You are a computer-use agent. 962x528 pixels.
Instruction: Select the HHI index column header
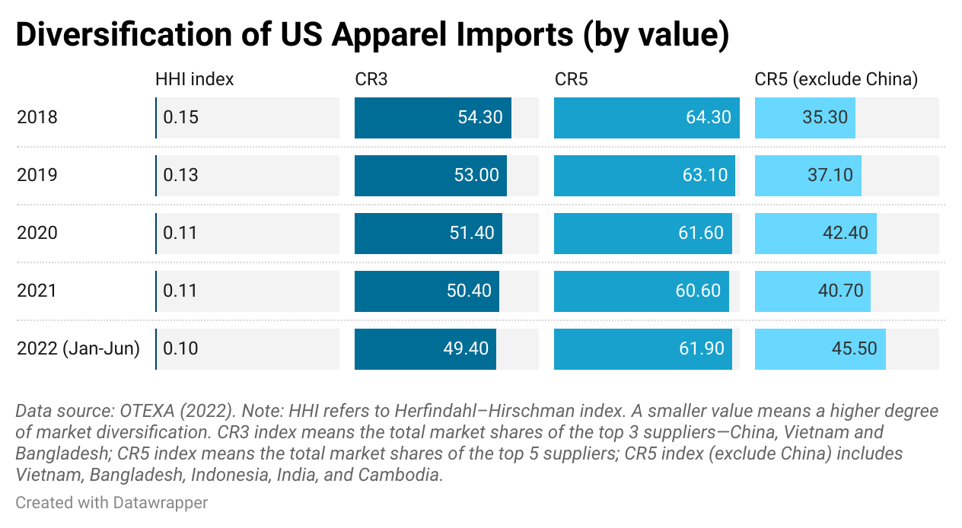(x=194, y=79)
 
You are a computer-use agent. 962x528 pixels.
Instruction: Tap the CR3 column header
(x=371, y=79)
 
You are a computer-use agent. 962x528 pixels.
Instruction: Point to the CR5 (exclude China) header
(x=836, y=79)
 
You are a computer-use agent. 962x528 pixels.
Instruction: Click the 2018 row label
(x=37, y=118)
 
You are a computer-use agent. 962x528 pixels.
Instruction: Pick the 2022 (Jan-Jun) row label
(x=78, y=349)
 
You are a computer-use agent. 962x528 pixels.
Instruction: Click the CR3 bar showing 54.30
(x=432, y=118)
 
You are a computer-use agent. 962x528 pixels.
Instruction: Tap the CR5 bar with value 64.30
(x=646, y=118)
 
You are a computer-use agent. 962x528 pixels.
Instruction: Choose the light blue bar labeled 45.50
(x=820, y=349)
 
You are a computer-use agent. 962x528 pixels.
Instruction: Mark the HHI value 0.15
(x=180, y=118)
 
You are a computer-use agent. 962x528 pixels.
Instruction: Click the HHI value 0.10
(x=180, y=349)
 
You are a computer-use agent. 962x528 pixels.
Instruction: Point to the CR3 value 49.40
(x=465, y=349)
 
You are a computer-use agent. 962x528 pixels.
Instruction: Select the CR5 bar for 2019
(x=644, y=176)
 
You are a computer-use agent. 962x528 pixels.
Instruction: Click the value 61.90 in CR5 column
(x=700, y=349)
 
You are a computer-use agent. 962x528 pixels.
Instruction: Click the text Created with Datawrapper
(x=112, y=503)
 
